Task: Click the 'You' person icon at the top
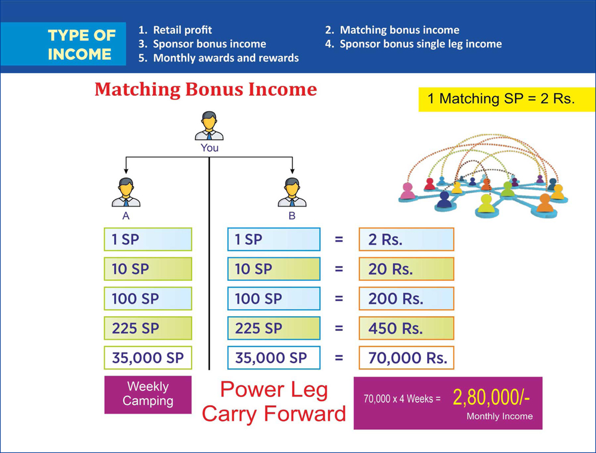pyautogui.click(x=209, y=126)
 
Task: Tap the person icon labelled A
pyautogui.click(x=126, y=192)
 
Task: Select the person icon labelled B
pyautogui.click(x=292, y=192)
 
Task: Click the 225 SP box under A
pyautogui.click(x=148, y=328)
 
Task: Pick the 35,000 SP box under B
pyautogui.click(x=274, y=358)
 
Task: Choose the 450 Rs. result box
pyautogui.click(x=406, y=328)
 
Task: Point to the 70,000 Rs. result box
pyautogui.click(x=406, y=358)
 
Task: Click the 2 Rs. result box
pyautogui.click(x=406, y=239)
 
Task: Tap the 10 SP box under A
pyautogui.click(x=148, y=269)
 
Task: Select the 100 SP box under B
pyautogui.click(x=274, y=299)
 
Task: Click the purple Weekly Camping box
pyautogui.click(x=148, y=395)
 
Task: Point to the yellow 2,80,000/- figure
pyautogui.click(x=491, y=398)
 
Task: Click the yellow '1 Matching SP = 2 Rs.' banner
pyautogui.click(x=507, y=99)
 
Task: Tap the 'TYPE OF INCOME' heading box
pyautogui.click(x=63, y=44)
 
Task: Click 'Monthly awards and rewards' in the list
pyautogui.click(x=218, y=58)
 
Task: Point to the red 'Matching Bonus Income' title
pyautogui.click(x=206, y=90)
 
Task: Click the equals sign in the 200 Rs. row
pyautogui.click(x=338, y=299)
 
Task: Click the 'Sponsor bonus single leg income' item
pyautogui.click(x=413, y=44)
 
